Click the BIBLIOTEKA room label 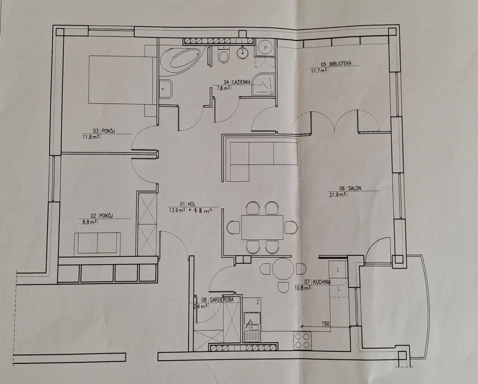[x=340, y=64]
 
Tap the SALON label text [x=355, y=188]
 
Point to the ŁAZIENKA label [x=241, y=82]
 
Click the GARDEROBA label [x=221, y=300]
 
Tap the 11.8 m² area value [x=91, y=137]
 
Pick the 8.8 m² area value [x=90, y=222]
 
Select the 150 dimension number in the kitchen [x=325, y=323]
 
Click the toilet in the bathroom [x=223, y=55]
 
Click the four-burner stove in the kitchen [x=302, y=341]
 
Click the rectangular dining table [x=263, y=227]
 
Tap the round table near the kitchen [x=283, y=269]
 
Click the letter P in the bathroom [x=265, y=47]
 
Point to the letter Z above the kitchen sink [x=258, y=302]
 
